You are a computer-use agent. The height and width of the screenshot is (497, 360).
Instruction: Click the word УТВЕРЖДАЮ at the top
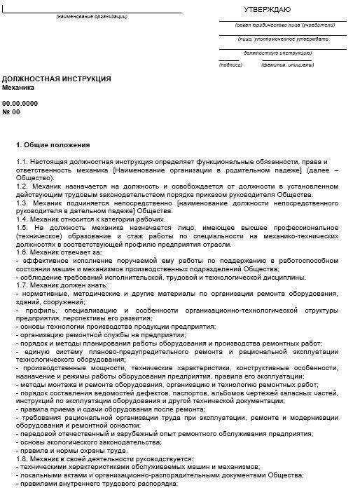coord(267,9)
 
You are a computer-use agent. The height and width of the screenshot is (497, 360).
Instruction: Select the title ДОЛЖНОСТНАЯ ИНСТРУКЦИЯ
coord(57,79)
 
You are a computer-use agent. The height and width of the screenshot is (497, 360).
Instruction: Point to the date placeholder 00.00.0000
coord(20,102)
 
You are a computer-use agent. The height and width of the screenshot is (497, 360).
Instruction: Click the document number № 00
coord(12,111)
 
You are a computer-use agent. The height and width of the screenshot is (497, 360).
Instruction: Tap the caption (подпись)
coord(230,64)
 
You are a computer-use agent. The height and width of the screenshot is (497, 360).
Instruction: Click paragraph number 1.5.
coord(22,228)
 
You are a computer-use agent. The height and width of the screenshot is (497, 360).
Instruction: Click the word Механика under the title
coord(18,88)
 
